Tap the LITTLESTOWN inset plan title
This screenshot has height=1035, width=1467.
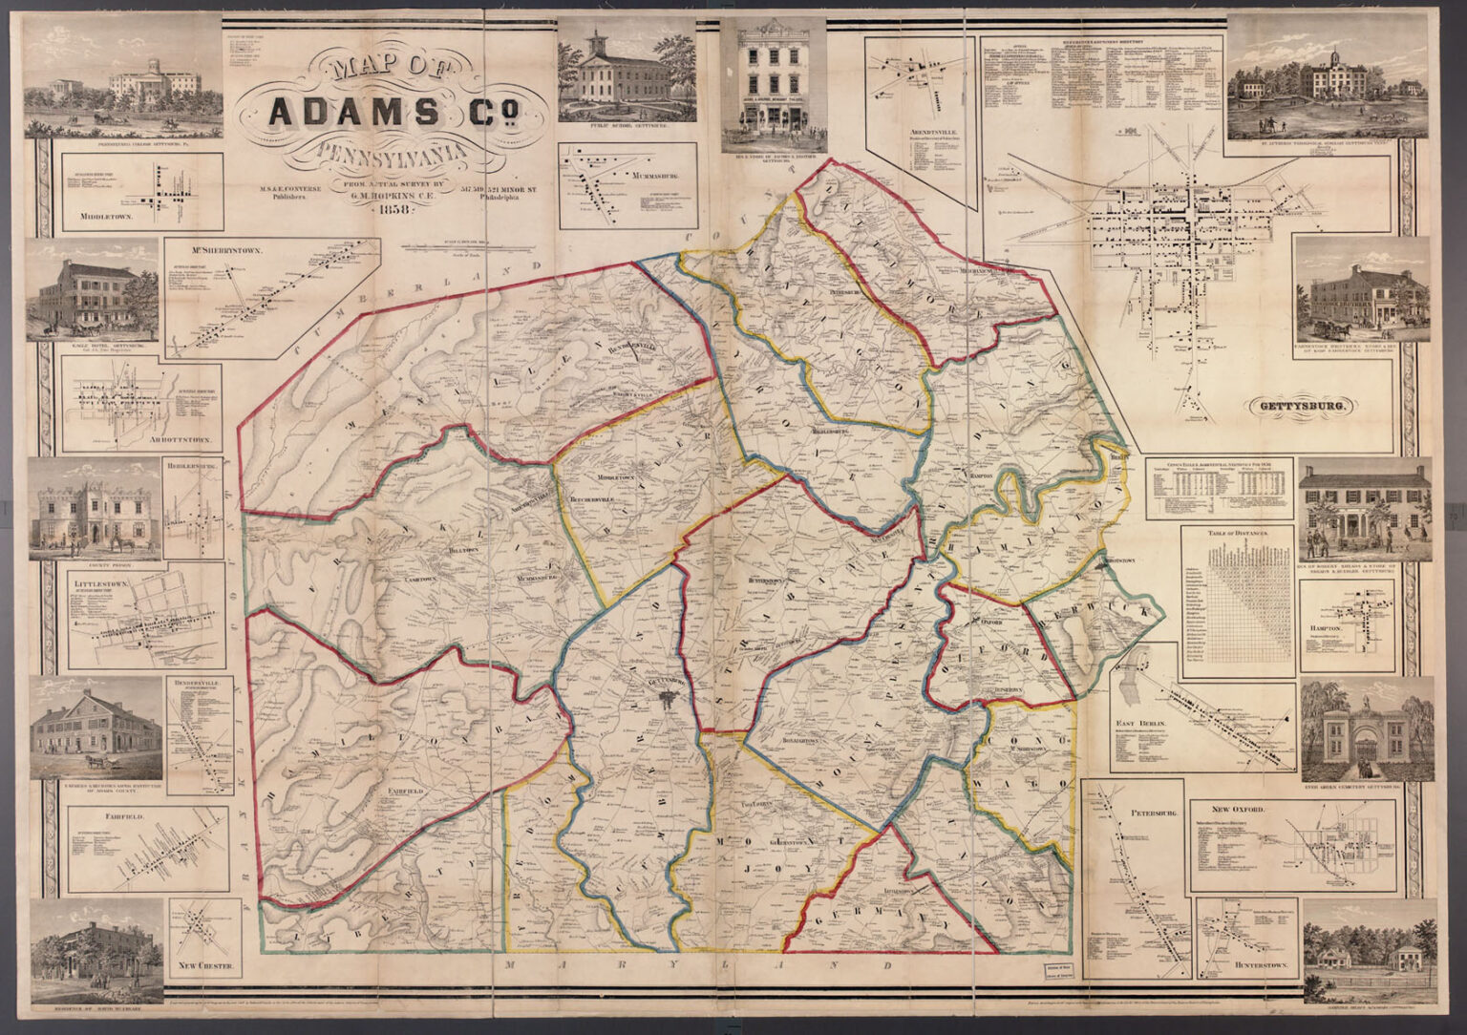[x=100, y=580]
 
